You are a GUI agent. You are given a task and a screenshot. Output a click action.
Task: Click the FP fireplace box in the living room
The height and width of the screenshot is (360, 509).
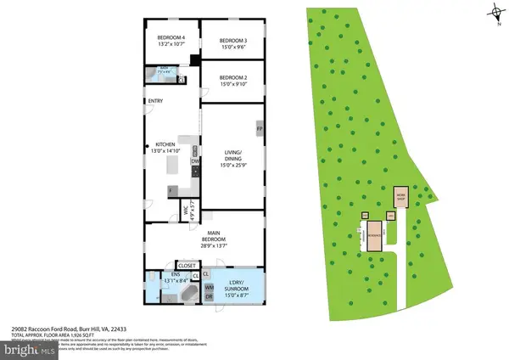pyautogui.click(x=260, y=129)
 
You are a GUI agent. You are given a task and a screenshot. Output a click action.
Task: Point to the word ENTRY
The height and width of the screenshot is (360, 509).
pyautogui.click(x=155, y=103)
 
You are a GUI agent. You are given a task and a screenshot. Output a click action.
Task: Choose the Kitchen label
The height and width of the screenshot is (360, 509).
pyautogui.click(x=158, y=143)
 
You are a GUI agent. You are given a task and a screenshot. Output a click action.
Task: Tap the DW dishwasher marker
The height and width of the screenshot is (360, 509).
pyautogui.click(x=194, y=161)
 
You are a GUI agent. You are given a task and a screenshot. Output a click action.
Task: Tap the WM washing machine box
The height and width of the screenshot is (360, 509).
pyautogui.click(x=209, y=289)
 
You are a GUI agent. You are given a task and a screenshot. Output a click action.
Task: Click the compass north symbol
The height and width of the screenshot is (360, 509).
pyautogui.click(x=494, y=12)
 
